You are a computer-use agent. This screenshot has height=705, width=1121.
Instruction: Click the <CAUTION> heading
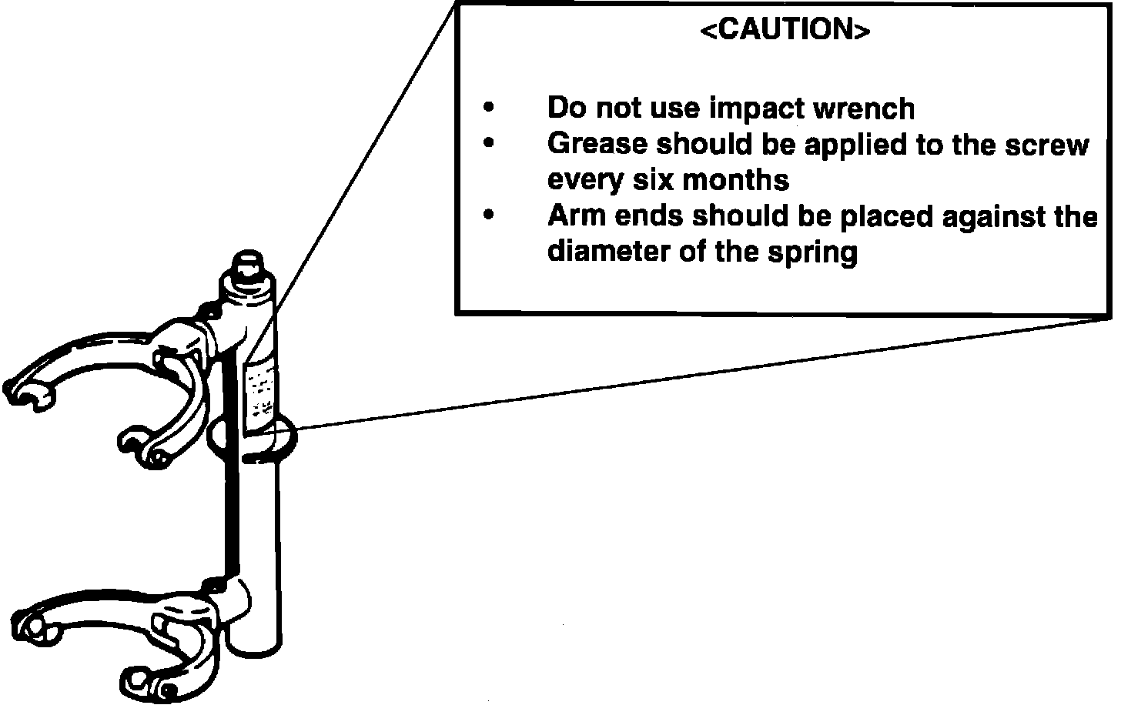(785, 30)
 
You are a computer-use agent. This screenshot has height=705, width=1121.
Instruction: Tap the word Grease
(597, 144)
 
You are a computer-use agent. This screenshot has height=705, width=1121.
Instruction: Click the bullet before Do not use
(488, 109)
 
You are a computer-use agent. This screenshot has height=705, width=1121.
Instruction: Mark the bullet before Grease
(488, 144)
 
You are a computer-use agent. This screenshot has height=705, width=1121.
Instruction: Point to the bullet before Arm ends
(488, 216)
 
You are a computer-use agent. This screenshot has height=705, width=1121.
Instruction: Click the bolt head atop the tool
(248, 269)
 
